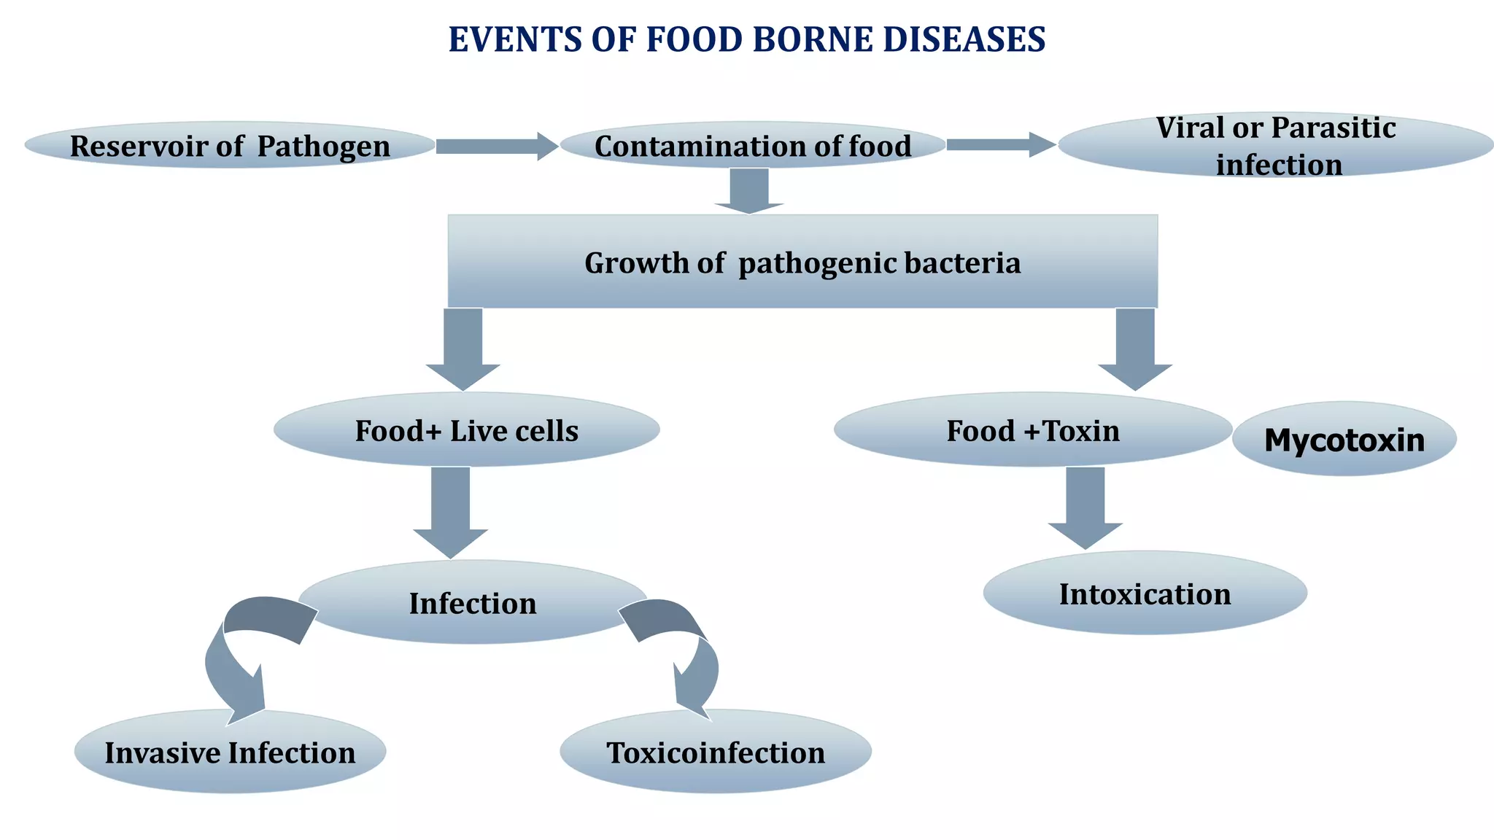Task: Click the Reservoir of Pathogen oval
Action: tap(230, 145)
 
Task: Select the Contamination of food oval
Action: tap(752, 145)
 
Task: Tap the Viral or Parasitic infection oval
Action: tap(1275, 145)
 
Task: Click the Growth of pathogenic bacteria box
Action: tap(802, 262)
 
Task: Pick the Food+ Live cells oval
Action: tap(466, 430)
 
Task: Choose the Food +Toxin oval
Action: tap(1032, 430)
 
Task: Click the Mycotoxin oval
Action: tap(1344, 440)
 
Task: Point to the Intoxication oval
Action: tap(1145, 594)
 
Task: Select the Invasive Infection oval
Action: tap(230, 752)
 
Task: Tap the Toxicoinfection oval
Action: tap(716, 752)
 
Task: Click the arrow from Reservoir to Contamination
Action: tap(496, 146)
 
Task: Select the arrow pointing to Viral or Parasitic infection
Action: tap(999, 144)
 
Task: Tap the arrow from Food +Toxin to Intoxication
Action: tap(1085, 507)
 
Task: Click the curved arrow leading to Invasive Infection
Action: tap(233, 656)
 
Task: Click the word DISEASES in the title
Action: tap(964, 39)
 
